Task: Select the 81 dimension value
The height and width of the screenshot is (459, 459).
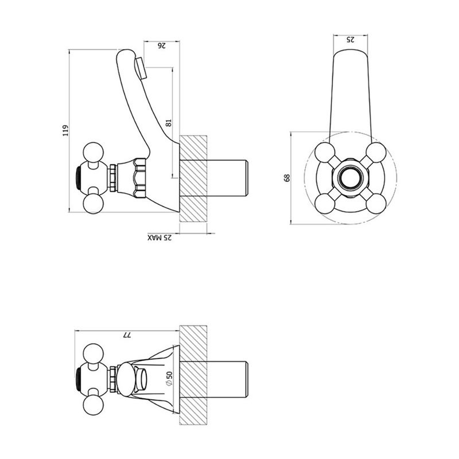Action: pos(168,122)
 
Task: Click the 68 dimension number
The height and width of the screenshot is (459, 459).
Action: pos(287,178)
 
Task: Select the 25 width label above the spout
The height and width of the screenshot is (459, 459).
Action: pos(351,39)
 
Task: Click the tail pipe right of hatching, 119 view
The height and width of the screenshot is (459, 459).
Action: pos(229,178)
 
